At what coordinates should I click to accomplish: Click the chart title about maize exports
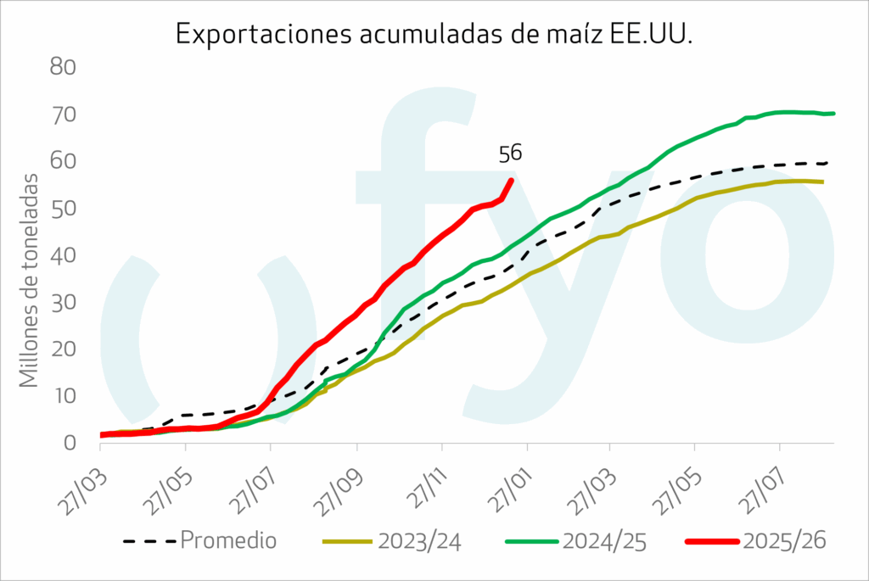coord(434,33)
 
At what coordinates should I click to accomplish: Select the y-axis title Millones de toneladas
coord(31,280)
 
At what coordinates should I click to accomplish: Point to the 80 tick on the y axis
coord(69,67)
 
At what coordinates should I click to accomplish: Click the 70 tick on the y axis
coord(69,114)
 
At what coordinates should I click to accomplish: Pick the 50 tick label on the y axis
coord(69,208)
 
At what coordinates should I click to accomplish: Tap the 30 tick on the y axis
coord(69,302)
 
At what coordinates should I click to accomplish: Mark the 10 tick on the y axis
coord(69,396)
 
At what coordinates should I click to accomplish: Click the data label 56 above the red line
coord(510,154)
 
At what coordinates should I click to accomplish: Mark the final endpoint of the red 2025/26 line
coord(511,180)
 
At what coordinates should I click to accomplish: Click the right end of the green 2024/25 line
coord(833,114)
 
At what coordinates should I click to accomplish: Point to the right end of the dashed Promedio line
coord(827,162)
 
